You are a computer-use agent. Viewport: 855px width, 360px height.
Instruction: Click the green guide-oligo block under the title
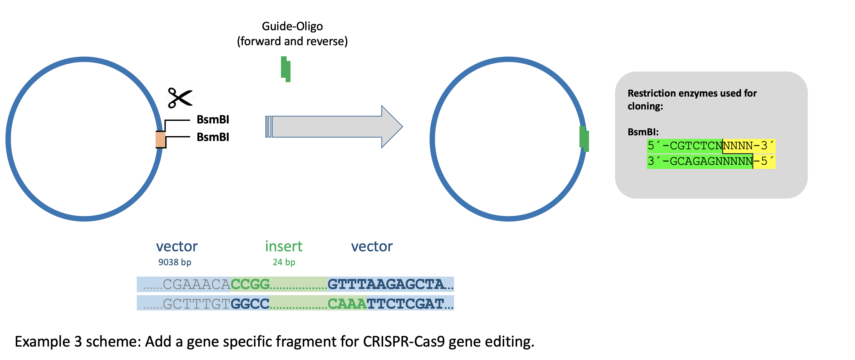tap(285, 69)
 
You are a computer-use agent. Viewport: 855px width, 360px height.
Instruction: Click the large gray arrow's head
tap(392, 127)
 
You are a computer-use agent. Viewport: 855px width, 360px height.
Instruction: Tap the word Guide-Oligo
tap(292, 26)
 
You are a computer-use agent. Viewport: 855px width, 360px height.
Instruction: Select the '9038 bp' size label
tap(175, 262)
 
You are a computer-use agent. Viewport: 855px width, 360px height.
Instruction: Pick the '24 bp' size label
tap(284, 262)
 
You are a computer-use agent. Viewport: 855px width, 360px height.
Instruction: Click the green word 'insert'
tap(284, 246)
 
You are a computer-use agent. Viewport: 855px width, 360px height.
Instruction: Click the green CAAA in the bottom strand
tap(347, 303)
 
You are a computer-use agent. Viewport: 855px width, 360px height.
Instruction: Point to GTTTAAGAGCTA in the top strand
tap(386, 284)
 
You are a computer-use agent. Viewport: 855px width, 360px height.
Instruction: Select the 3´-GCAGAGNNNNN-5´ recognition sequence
tap(711, 161)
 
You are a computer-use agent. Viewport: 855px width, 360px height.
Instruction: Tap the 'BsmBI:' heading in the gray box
tap(643, 132)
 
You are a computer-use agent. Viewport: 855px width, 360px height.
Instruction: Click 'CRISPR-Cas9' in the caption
tap(404, 342)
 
